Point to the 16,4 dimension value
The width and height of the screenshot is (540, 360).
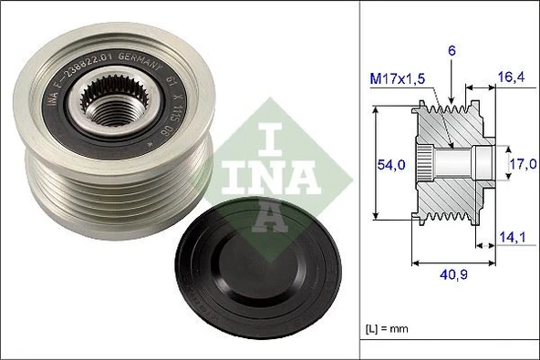point(510,77)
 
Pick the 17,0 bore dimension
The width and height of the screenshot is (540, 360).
point(521,165)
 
